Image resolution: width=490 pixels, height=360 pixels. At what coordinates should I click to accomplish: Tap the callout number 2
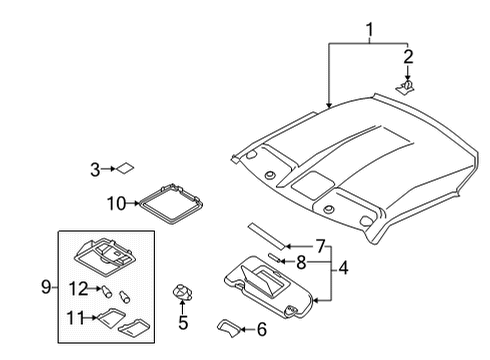pos(408,56)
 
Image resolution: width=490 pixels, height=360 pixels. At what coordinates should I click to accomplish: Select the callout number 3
pos(95,170)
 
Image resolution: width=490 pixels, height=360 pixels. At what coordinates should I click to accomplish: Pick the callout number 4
pos(342,267)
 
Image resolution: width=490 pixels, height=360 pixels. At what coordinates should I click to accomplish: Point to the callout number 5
pos(183,322)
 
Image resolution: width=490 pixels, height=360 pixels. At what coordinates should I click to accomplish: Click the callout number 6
pos(263,329)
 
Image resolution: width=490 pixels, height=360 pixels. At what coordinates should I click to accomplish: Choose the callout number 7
pos(320,245)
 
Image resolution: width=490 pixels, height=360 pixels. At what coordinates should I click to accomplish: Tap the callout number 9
pos(46,288)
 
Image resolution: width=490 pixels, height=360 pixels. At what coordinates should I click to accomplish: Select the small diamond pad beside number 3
pos(128,169)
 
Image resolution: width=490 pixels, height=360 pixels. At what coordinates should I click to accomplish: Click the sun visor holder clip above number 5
pos(182,292)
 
